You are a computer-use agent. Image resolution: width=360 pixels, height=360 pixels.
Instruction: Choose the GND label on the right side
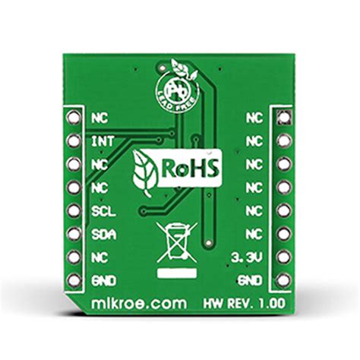(x=251, y=281)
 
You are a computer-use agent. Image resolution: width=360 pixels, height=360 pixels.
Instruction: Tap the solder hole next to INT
(x=74, y=141)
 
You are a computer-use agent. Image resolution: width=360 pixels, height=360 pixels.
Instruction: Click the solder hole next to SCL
(x=74, y=210)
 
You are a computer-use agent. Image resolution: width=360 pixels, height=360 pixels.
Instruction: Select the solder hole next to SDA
(x=74, y=234)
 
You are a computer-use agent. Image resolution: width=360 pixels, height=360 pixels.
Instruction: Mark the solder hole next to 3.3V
(x=283, y=257)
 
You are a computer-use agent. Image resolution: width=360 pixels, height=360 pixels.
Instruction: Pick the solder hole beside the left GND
(x=74, y=280)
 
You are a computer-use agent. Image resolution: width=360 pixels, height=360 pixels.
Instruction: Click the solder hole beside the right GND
(x=283, y=280)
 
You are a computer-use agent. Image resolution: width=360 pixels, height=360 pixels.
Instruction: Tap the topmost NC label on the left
(x=98, y=118)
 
